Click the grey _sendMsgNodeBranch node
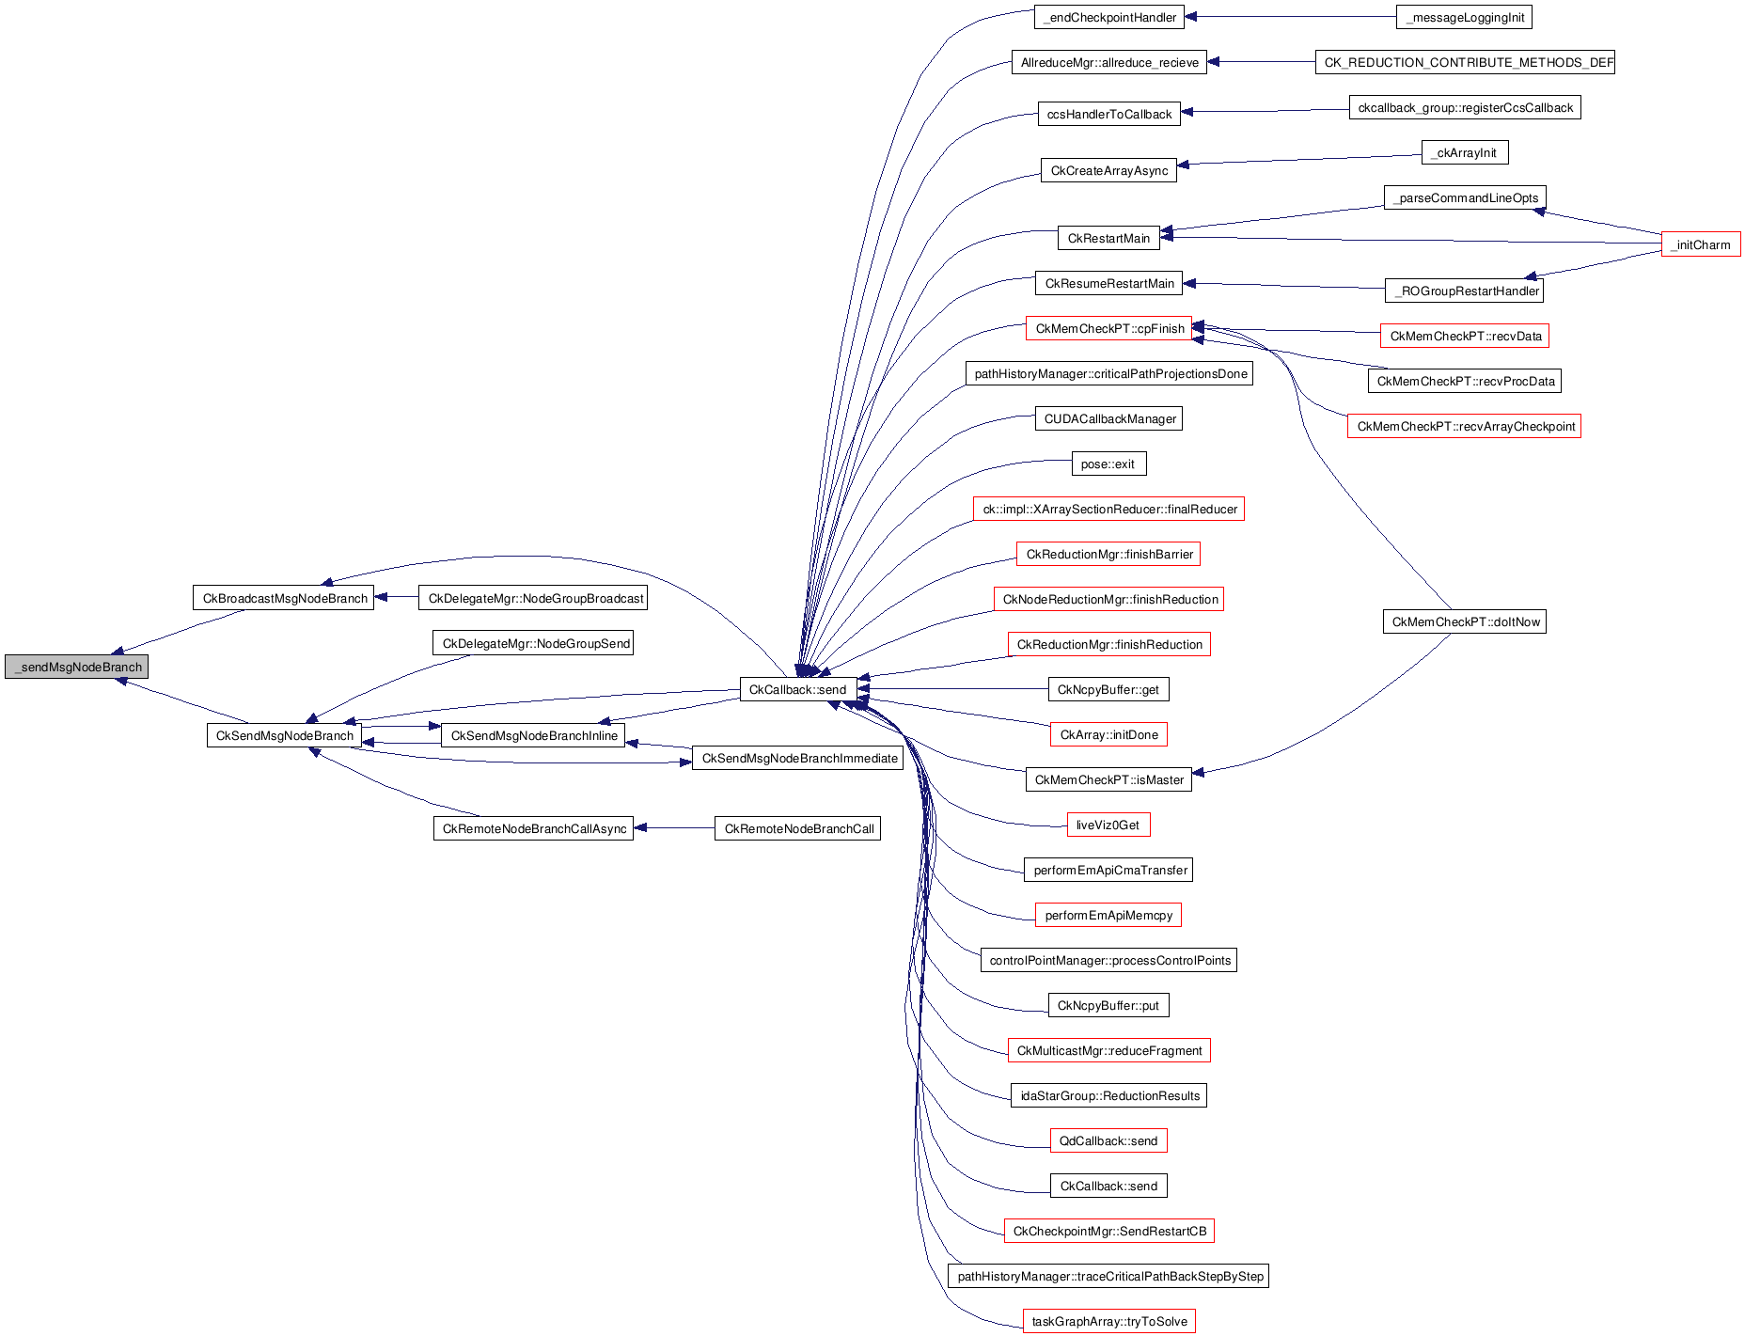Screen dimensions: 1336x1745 click(77, 667)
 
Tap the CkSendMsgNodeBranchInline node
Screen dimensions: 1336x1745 click(533, 735)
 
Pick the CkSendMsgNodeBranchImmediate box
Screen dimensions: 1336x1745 click(798, 758)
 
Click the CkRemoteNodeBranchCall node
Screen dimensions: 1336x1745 click(797, 828)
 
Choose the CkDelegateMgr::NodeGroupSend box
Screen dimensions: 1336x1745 click(533, 643)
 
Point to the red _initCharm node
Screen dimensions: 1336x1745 click(1700, 244)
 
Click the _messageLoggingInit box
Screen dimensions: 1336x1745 click(1465, 17)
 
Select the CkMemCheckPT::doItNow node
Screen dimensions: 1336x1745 click(1464, 621)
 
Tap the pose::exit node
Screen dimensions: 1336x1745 click(1108, 464)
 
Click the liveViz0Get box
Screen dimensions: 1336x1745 click(1108, 825)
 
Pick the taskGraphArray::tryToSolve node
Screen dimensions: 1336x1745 click(1108, 1321)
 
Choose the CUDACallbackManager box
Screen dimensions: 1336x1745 click(1109, 418)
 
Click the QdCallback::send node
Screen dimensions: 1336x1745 click(1108, 1140)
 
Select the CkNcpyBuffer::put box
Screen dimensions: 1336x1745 click(1108, 1005)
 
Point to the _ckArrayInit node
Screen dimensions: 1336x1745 click(1464, 152)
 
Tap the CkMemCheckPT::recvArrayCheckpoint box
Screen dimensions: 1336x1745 click(1463, 426)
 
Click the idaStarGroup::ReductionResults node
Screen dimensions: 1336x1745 click(1108, 1095)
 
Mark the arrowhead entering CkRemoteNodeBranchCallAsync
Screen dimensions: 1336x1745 click(640, 828)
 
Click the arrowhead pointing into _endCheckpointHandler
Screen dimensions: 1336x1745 click(1190, 17)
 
